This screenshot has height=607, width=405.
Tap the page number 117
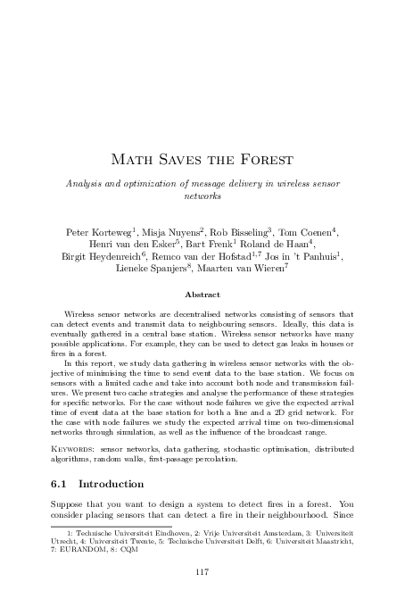[202, 568]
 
